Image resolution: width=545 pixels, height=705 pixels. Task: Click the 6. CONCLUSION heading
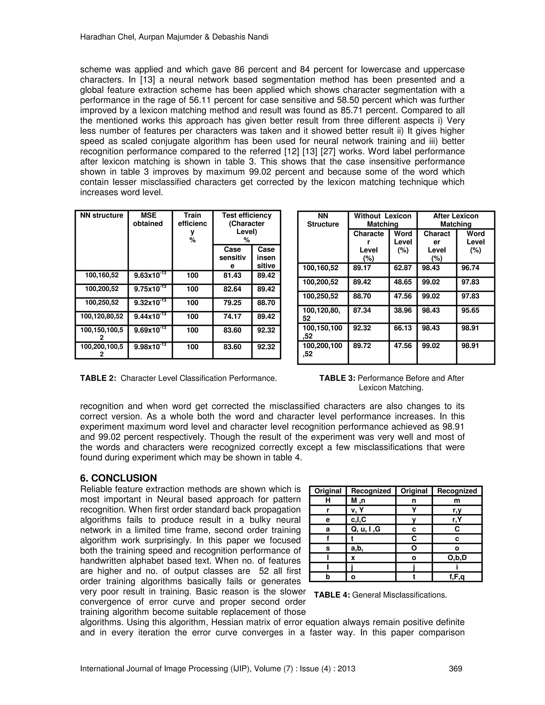pos(118,478)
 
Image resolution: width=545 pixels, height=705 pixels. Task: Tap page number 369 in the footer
pos(455,669)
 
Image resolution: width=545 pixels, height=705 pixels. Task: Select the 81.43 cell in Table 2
pos(232,275)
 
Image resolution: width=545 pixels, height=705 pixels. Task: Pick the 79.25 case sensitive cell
pos(232,303)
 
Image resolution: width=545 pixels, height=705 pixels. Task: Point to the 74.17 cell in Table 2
pos(232,316)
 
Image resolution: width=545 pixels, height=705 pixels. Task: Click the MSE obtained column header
pos(148,219)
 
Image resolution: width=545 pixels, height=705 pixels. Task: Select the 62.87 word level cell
pos(403,268)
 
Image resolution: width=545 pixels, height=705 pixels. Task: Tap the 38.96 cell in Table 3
pos(403,310)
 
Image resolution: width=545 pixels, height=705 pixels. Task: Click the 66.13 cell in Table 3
pos(403,328)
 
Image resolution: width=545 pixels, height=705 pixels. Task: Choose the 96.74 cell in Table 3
pos(470,268)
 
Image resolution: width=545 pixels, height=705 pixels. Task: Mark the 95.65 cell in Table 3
pos(470,310)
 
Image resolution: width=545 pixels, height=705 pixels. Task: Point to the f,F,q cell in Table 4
pos(457,577)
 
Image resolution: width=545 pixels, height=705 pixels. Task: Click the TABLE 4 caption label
pos(332,595)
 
